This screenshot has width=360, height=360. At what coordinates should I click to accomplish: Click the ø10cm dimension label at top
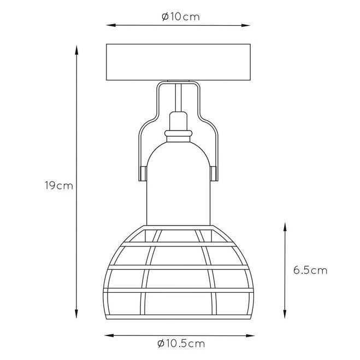(181, 17)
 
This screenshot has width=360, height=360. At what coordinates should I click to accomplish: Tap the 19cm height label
(59, 186)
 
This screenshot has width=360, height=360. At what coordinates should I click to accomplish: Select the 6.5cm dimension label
(310, 270)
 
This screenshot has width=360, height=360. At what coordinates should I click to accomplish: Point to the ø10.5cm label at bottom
(181, 344)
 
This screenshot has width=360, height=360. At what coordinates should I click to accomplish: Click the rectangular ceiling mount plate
(178, 62)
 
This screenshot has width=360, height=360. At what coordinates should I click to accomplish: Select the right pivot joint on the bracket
(213, 174)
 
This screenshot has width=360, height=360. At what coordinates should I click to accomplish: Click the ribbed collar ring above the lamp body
(179, 133)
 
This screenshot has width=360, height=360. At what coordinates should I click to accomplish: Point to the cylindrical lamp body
(178, 184)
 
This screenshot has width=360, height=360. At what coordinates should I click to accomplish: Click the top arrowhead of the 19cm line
(76, 50)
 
